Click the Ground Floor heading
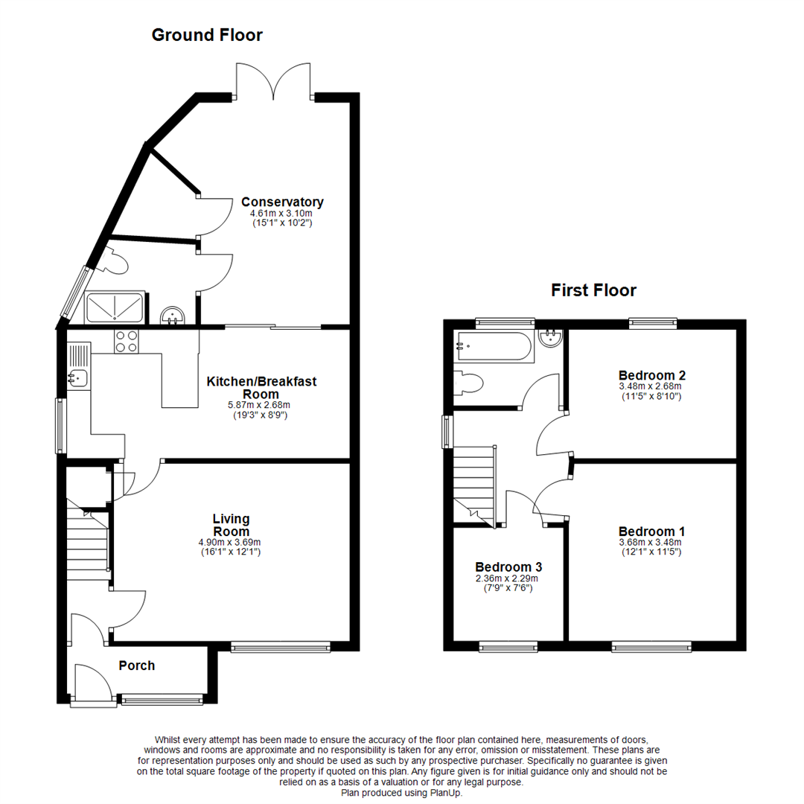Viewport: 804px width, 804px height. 207,35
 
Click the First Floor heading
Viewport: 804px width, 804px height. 593,290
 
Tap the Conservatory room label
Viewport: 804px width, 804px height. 283,202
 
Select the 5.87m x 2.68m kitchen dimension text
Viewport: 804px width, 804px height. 259,405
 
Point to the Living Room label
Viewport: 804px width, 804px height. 232,525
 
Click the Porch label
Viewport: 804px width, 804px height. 136,666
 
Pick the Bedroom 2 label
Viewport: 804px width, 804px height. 651,375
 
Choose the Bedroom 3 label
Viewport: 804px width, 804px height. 508,567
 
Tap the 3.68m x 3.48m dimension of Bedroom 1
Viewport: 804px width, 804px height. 650,543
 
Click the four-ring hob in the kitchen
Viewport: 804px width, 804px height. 126,341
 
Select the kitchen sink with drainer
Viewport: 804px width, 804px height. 79,366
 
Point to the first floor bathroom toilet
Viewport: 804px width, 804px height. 468,383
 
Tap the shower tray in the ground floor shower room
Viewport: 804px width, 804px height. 114,307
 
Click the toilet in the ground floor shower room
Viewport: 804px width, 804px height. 115,261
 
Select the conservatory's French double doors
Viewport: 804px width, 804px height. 273,81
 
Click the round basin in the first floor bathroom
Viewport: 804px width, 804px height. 551,337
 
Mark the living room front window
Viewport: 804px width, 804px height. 281,647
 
